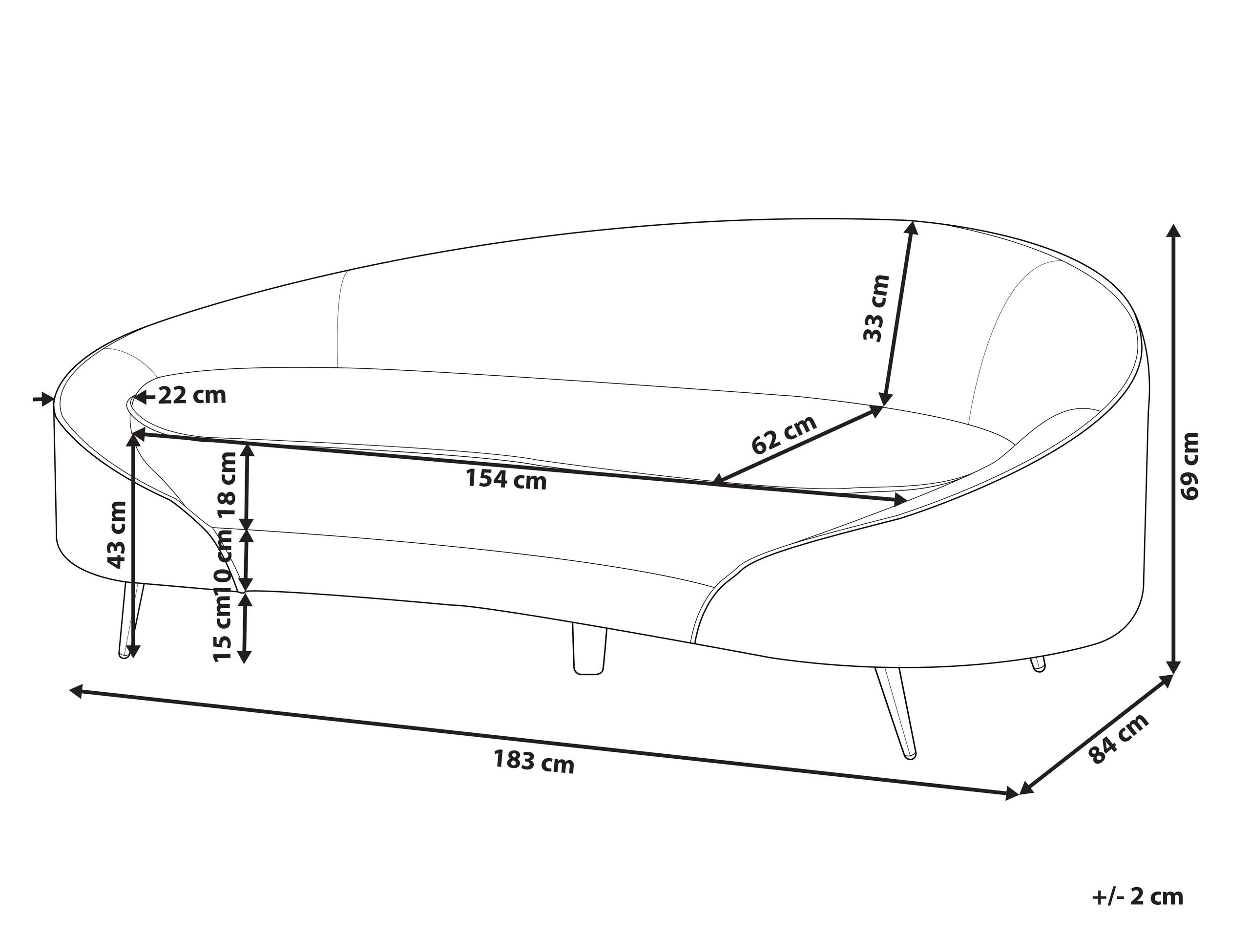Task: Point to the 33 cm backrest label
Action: [x=876, y=308]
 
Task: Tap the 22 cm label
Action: [x=191, y=396]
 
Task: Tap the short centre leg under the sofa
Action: [x=589, y=648]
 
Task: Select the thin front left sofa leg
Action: [x=130, y=621]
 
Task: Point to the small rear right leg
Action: [x=1038, y=664]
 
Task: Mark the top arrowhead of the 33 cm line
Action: [x=910, y=229]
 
